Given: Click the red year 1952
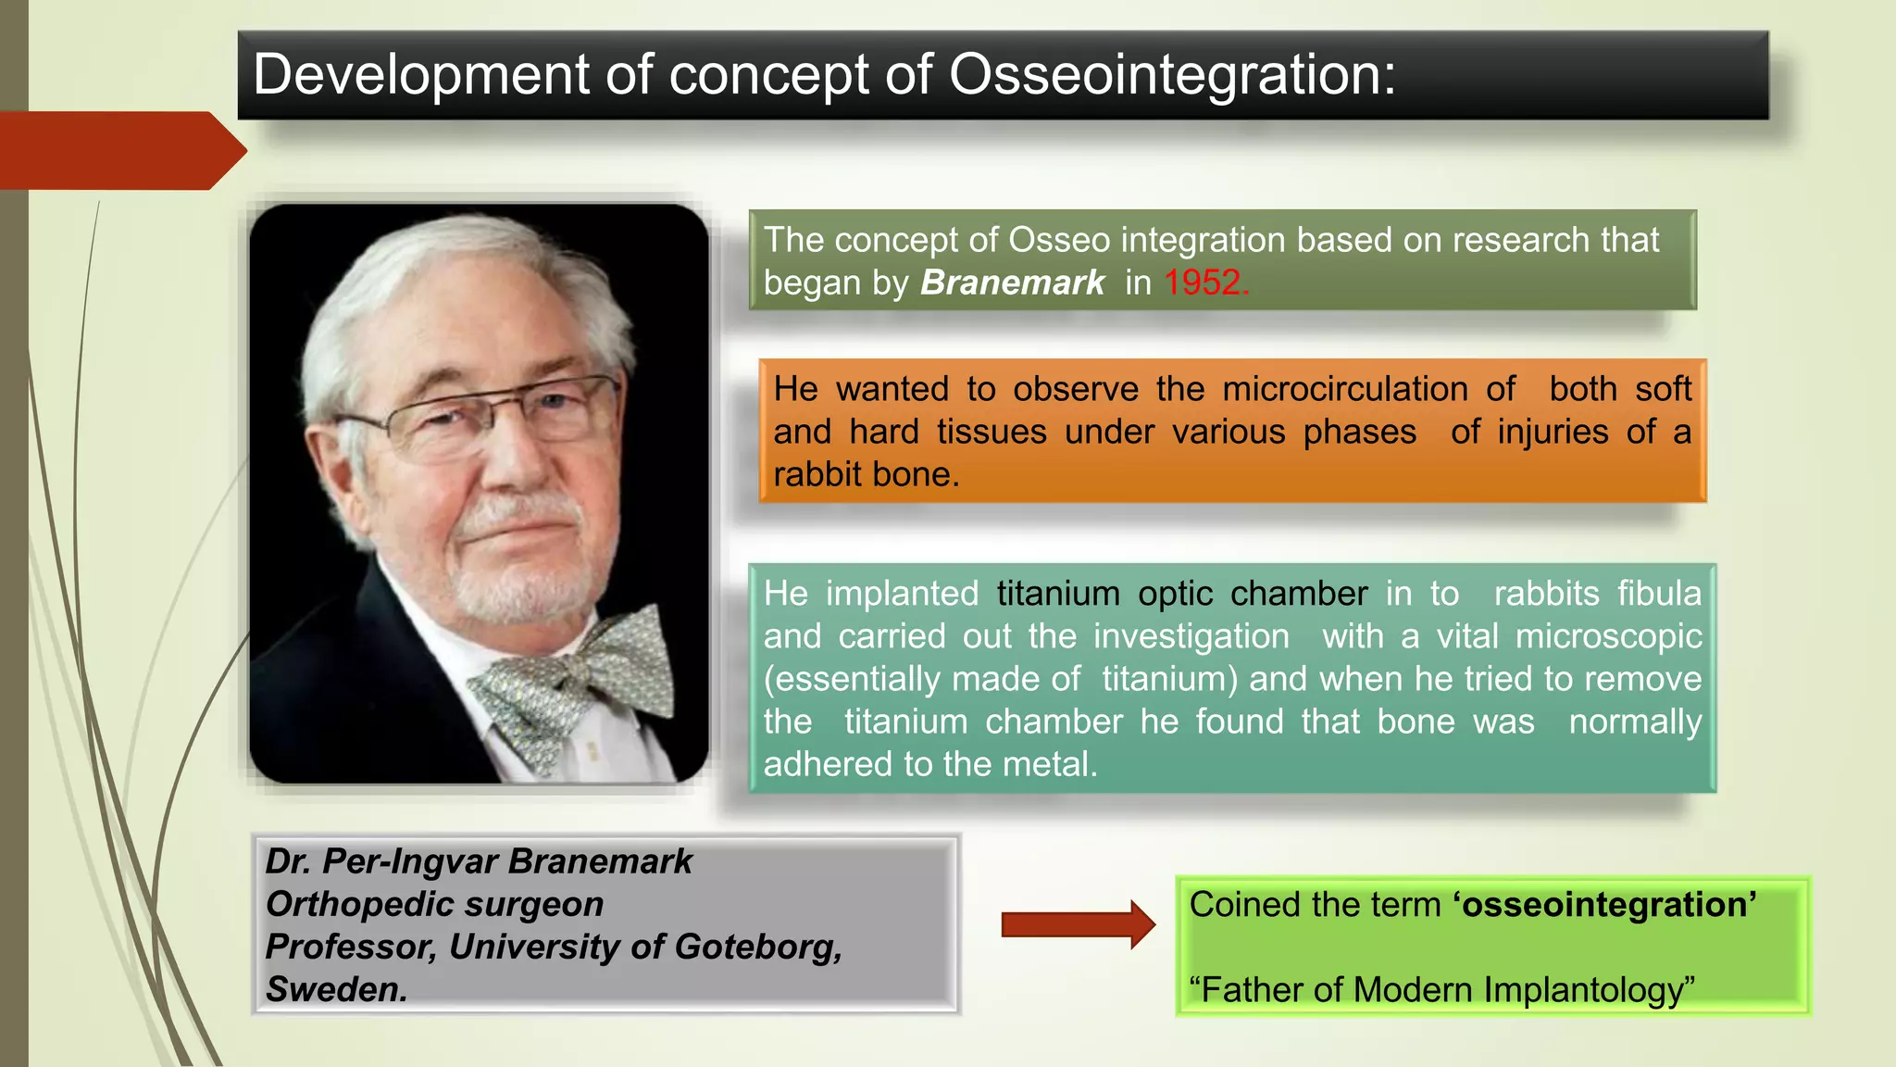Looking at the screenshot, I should (x=1204, y=282).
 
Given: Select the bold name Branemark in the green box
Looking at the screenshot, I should (x=1012, y=282).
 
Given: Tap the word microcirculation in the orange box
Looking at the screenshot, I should (x=1344, y=389).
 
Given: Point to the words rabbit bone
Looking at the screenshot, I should (x=865, y=474).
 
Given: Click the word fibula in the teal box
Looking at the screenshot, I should (x=1659, y=594).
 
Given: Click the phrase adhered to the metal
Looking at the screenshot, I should (x=929, y=764).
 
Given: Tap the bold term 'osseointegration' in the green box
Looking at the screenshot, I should (x=1604, y=905).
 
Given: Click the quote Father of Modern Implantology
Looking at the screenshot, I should (x=1441, y=990).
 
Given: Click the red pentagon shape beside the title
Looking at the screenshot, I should (x=120, y=151).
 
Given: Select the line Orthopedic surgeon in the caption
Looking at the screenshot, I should (x=434, y=904).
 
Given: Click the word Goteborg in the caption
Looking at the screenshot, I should (x=758, y=947).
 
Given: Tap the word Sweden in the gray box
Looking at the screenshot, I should (x=336, y=989).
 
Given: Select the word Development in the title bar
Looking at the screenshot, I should (x=421, y=74).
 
